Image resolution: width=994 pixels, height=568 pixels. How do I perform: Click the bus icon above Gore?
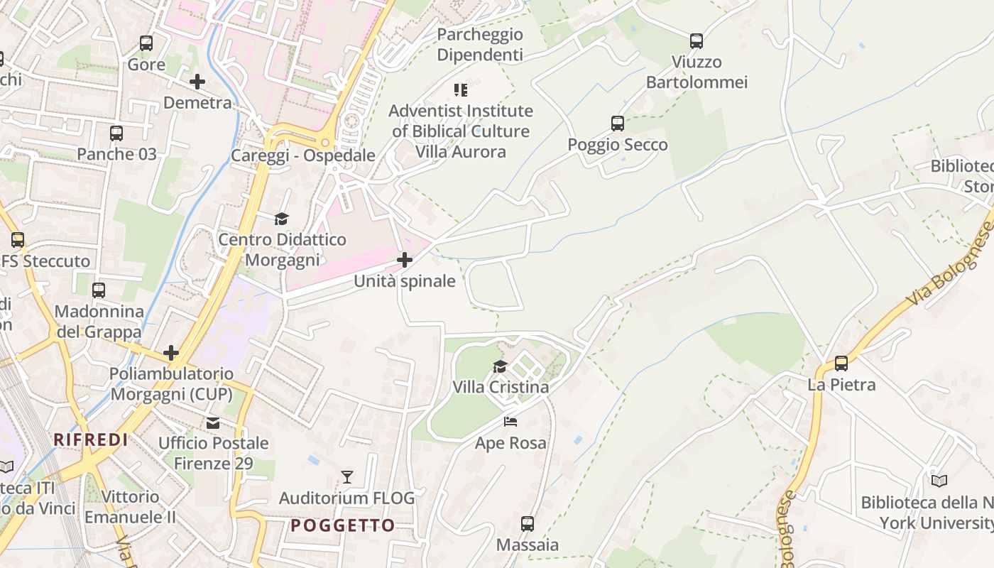point(146,43)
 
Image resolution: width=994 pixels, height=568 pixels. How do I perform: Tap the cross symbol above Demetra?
point(197,82)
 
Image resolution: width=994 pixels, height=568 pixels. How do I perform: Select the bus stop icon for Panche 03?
point(116,133)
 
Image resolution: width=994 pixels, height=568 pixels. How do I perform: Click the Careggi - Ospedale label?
point(303,155)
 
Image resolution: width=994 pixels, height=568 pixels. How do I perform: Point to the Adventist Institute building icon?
point(461,90)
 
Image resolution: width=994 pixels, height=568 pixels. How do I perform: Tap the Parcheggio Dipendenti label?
point(480,44)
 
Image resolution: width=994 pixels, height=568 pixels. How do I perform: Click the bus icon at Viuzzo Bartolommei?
point(697,41)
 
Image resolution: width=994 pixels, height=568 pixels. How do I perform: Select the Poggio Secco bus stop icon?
point(618,124)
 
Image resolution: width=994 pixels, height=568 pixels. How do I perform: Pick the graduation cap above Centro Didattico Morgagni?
point(282,219)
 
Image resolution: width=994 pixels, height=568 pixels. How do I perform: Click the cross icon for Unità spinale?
point(405,260)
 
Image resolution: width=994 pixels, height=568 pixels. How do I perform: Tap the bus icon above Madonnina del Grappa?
point(99,290)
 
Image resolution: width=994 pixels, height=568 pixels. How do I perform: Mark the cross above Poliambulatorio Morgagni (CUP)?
point(171,352)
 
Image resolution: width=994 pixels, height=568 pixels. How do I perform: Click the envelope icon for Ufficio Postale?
point(213,423)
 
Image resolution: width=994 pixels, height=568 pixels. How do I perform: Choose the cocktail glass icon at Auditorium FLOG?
point(347,477)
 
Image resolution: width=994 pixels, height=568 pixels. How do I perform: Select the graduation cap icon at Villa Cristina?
point(501,366)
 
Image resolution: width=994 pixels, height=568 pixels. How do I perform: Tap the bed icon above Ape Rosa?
point(510,422)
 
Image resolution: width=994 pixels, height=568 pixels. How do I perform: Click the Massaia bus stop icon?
point(528,524)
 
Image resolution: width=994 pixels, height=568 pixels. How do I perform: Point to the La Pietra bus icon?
point(841,364)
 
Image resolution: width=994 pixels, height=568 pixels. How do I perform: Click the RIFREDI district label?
point(91,440)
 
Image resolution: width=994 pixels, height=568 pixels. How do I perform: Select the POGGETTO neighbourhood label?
point(343,525)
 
